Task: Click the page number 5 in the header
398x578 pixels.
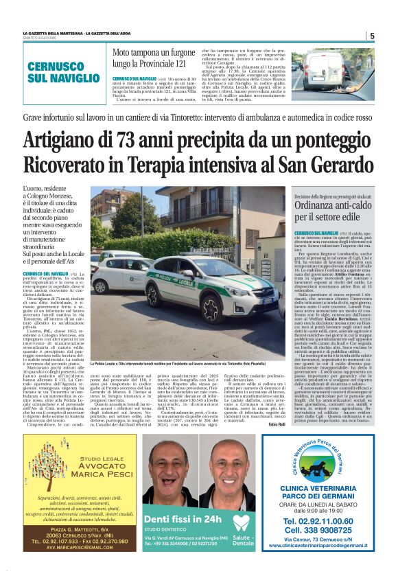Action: coord(372,36)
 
